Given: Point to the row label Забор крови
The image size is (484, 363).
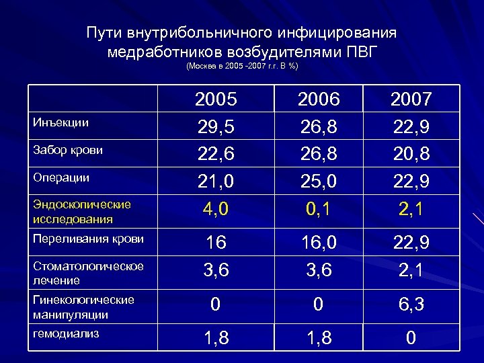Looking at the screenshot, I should pos(68,150).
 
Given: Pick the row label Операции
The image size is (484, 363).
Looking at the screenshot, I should pos(61,177).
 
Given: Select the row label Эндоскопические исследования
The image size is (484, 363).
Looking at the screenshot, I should pos(74,210).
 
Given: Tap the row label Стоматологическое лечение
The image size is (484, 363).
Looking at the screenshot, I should pos(88,273).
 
